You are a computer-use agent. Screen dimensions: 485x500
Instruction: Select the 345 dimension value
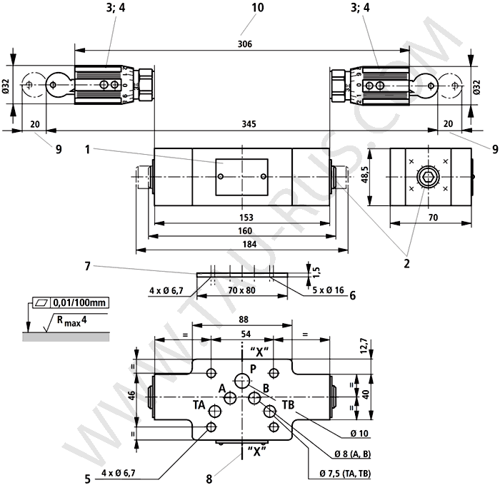(249, 124)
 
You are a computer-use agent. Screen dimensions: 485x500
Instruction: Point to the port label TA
(199, 404)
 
